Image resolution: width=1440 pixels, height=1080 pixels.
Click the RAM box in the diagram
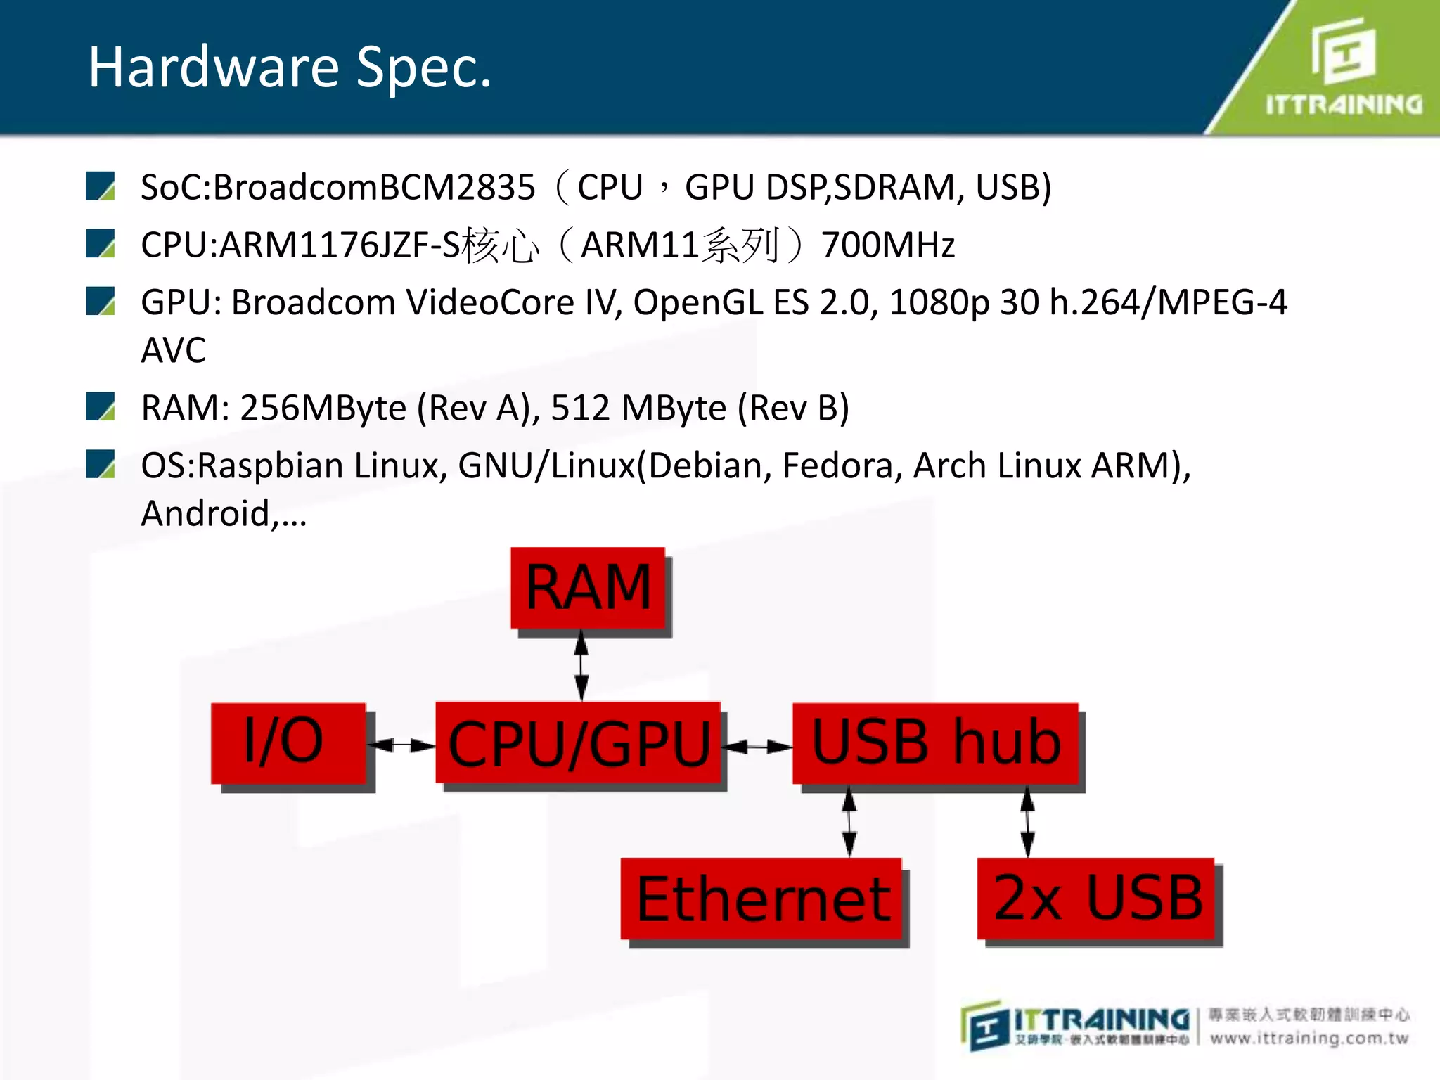(588, 588)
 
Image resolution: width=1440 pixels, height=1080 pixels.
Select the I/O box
(288, 742)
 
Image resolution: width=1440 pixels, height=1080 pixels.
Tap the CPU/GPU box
(578, 743)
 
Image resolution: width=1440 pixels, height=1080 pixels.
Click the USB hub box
(935, 743)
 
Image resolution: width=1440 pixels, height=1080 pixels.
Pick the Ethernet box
(761, 899)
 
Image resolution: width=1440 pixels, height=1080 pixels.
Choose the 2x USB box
(1096, 898)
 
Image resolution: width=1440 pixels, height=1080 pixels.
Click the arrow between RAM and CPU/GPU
(581, 665)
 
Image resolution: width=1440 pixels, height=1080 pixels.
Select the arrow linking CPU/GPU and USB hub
(758, 747)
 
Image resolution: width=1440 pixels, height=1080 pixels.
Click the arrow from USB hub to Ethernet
(849, 821)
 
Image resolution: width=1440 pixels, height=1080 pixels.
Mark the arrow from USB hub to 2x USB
(1027, 821)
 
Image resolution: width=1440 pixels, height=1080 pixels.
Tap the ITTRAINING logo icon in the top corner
(1344, 51)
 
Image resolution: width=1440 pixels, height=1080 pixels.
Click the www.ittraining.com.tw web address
(1309, 1039)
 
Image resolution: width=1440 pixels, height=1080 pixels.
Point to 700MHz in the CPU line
(888, 245)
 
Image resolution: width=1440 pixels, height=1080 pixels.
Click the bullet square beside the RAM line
(101, 406)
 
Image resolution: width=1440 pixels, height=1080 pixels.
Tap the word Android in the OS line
(205, 513)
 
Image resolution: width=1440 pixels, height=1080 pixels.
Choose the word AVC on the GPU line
(173, 350)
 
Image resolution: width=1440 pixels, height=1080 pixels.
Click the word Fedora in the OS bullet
(837, 465)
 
